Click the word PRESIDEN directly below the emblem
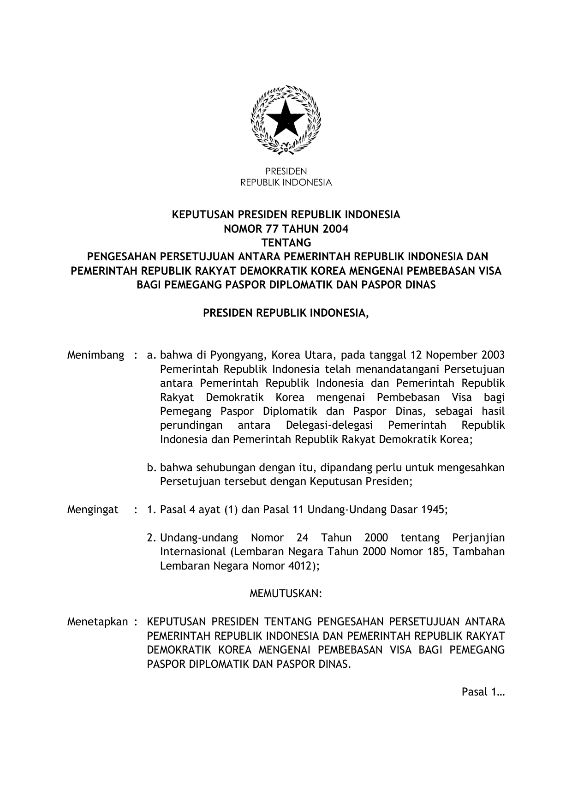click(x=286, y=171)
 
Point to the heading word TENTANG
click(x=286, y=242)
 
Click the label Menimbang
click(x=95, y=355)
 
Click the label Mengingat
click(x=93, y=510)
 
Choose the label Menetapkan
click(x=97, y=622)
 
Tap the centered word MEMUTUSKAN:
click(x=286, y=594)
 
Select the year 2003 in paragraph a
click(x=492, y=355)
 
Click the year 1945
click(x=433, y=510)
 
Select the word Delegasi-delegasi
click(x=329, y=425)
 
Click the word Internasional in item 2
click(x=191, y=552)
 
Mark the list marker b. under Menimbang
click(x=151, y=468)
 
